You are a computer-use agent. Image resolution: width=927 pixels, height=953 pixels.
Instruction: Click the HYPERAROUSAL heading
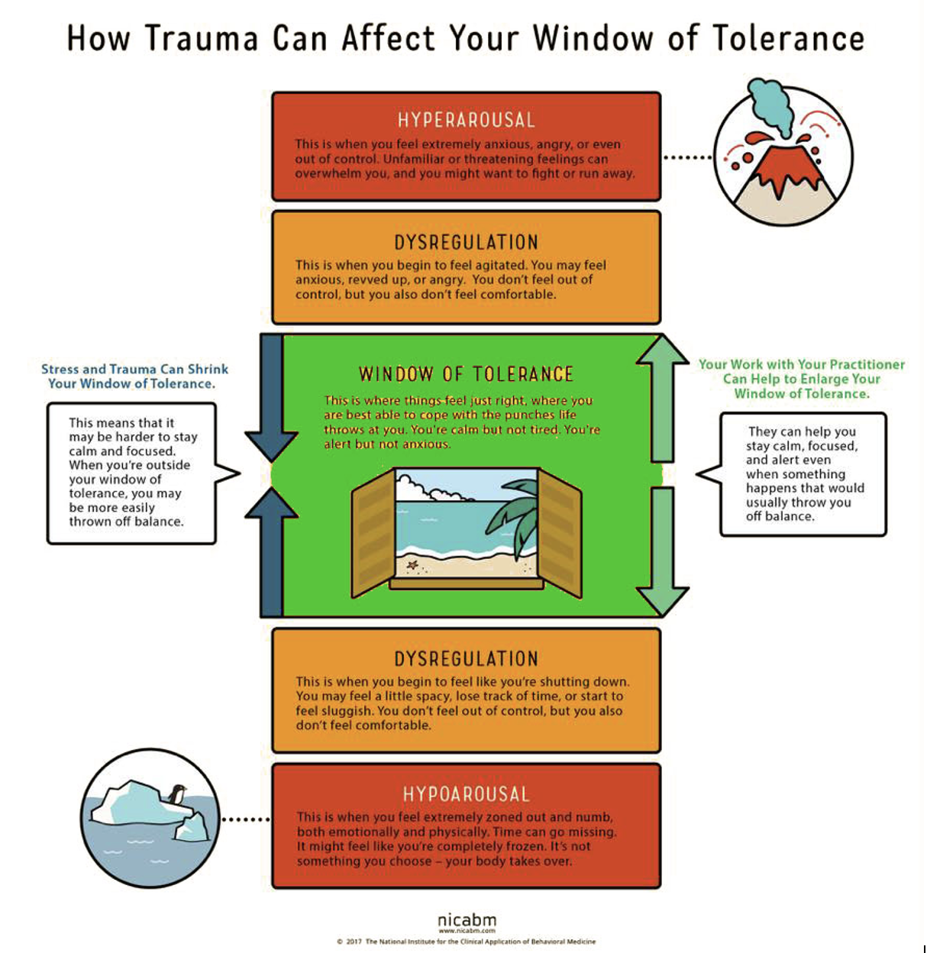[x=466, y=120]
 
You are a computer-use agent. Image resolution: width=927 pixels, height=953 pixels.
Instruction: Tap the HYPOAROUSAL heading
[x=466, y=794]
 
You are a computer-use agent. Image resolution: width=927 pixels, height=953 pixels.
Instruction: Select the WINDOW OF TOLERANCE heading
[x=466, y=374]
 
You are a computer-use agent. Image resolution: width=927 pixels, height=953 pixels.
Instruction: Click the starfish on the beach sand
[x=413, y=565]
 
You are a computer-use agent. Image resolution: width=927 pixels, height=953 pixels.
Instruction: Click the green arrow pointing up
[x=662, y=397]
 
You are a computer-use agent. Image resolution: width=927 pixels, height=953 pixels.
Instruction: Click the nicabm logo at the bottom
[x=467, y=921]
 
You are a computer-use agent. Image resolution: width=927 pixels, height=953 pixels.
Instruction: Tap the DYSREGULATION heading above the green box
[x=466, y=243]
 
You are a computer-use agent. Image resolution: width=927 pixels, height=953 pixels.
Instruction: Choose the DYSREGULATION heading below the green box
[x=466, y=659]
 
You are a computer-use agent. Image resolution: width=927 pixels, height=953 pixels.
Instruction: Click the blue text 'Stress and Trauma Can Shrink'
[x=134, y=369]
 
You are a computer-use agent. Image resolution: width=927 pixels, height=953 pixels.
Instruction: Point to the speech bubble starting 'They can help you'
[x=802, y=473]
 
